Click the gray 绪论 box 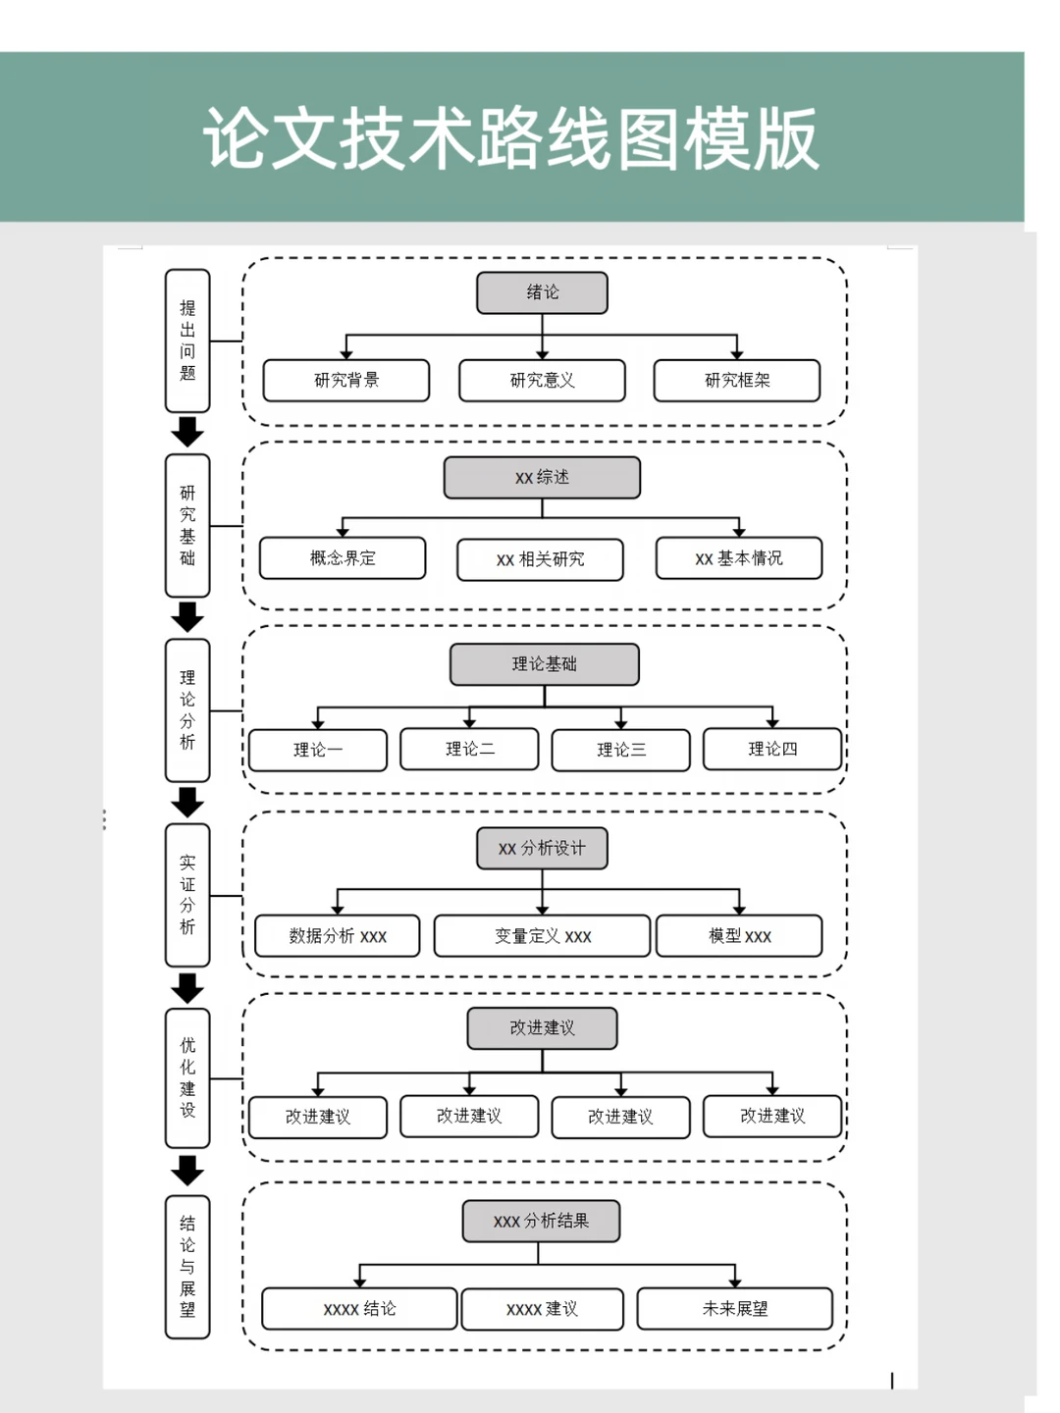[x=542, y=292]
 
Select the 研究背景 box [x=346, y=381]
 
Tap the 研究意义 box [x=542, y=381]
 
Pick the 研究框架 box [x=737, y=381]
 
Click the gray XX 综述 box [x=542, y=478]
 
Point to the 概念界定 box [x=343, y=558]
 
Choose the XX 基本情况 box [x=739, y=558]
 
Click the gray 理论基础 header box [x=545, y=664]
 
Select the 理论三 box [x=621, y=750]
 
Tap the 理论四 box [x=772, y=749]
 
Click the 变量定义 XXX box [x=542, y=936]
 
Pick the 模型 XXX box [x=739, y=936]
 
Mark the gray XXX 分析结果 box [x=541, y=1222]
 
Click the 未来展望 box [x=735, y=1309]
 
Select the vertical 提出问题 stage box [x=187, y=340]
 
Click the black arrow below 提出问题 [x=187, y=432]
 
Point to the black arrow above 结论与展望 [x=187, y=1171]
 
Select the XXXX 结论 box [x=360, y=1309]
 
